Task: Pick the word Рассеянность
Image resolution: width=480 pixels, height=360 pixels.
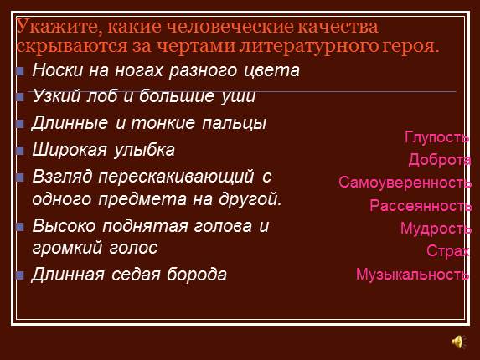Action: [x=421, y=206]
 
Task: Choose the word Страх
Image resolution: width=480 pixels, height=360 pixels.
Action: [x=447, y=251]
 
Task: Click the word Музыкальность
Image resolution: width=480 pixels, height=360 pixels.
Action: [x=412, y=274]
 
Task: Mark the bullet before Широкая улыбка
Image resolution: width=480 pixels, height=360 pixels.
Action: [x=20, y=152]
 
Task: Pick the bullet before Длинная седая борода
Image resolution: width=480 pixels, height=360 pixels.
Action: [x=20, y=275]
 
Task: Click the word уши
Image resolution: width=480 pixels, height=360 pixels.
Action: [x=238, y=98]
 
